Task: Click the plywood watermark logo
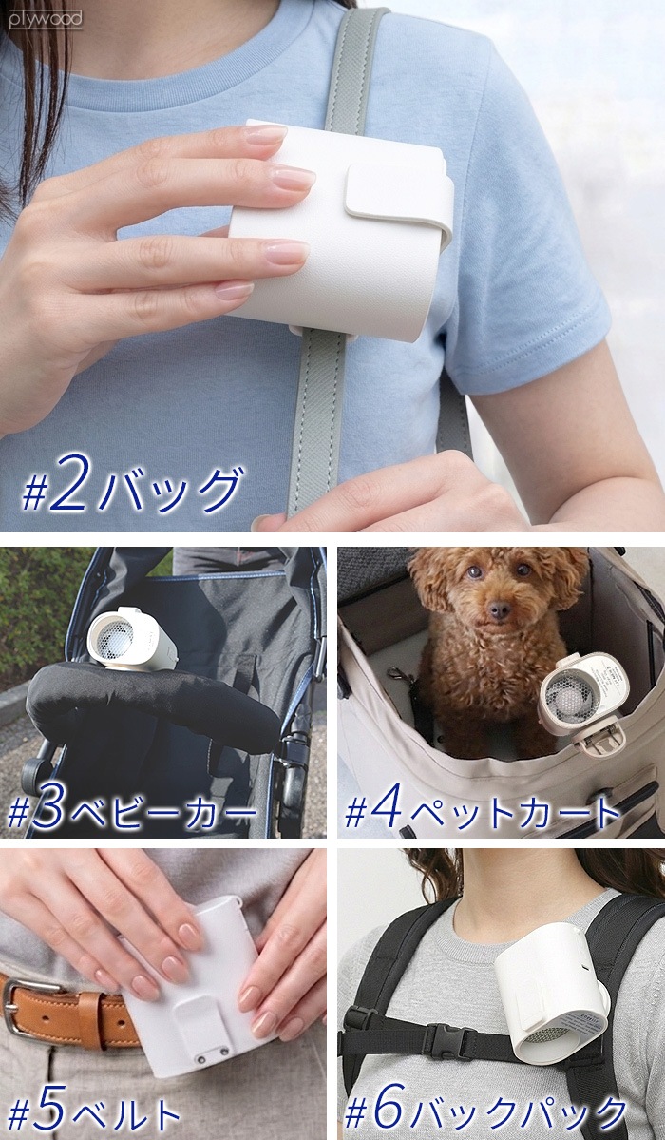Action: tap(45, 20)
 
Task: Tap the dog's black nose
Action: tap(499, 610)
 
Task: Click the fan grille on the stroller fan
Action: tap(116, 638)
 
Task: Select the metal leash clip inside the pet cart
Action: tap(399, 675)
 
